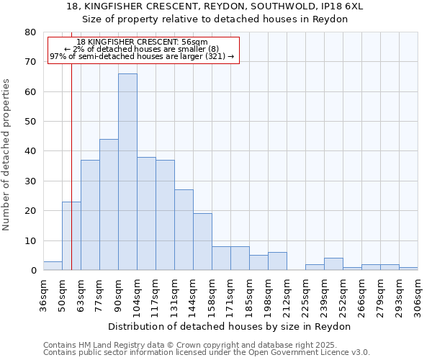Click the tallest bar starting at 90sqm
[x=127, y=172]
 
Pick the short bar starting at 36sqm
[x=53, y=266]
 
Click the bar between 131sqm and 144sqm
[x=184, y=230]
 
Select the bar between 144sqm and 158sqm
[x=202, y=242]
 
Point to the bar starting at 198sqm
[x=277, y=261]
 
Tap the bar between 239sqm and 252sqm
[x=333, y=264]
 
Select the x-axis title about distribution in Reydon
[x=233, y=326]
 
